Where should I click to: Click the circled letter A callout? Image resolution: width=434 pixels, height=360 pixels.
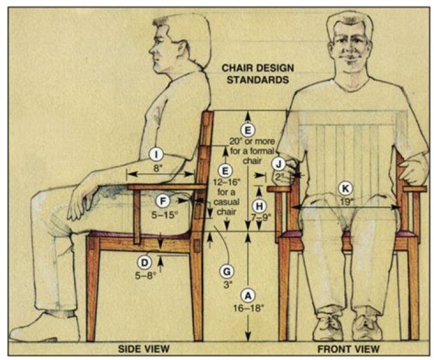tap(247, 295)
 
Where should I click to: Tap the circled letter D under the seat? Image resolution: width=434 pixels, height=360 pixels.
tap(145, 262)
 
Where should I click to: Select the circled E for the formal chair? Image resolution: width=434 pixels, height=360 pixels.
tap(245, 129)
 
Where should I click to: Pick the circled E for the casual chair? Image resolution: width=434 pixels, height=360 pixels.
tap(225, 170)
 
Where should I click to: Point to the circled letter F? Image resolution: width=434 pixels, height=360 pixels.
tap(162, 201)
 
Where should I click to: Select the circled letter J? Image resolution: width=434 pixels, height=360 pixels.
tap(278, 163)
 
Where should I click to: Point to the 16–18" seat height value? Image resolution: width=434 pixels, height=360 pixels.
tap(247, 307)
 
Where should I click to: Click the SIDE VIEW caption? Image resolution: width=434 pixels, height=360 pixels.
tap(144, 349)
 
